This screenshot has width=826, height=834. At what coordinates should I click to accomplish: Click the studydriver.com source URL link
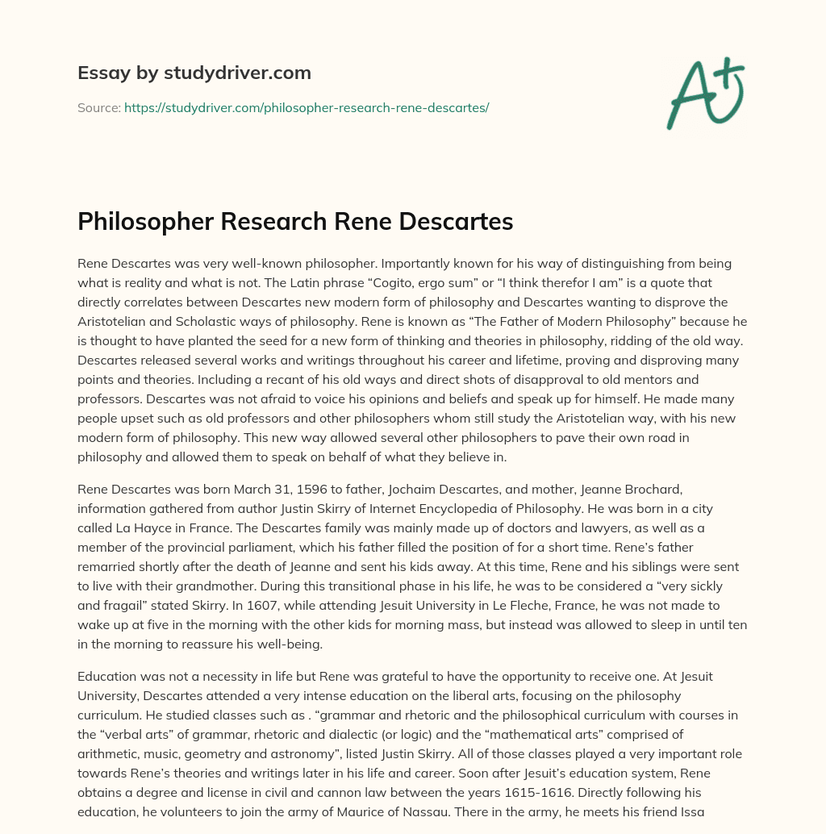pos(307,106)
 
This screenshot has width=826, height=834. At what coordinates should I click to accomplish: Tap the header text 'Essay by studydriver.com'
pos(194,73)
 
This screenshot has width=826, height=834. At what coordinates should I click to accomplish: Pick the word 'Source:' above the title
pos(98,106)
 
